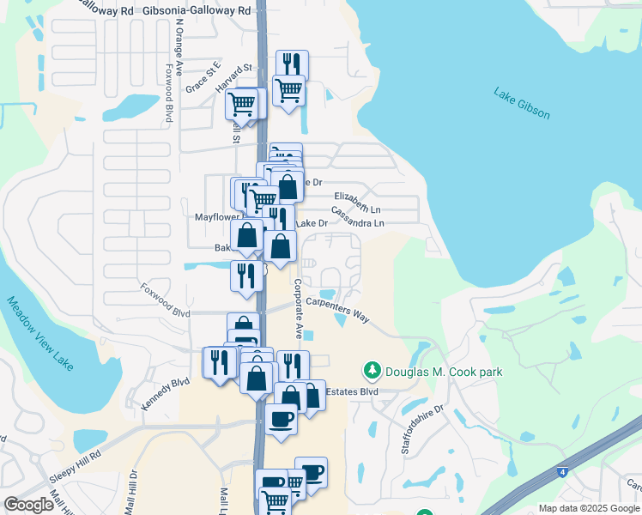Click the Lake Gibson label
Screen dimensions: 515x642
click(521, 103)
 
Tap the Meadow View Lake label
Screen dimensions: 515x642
click(40, 334)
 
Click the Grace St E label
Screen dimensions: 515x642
click(203, 77)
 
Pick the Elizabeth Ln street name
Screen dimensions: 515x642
click(357, 203)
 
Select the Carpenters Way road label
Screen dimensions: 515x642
click(337, 310)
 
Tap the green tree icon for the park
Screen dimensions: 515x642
click(372, 371)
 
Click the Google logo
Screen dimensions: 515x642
click(28, 505)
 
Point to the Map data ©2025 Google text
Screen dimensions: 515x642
click(588, 508)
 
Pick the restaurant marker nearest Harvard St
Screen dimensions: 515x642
click(291, 64)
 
